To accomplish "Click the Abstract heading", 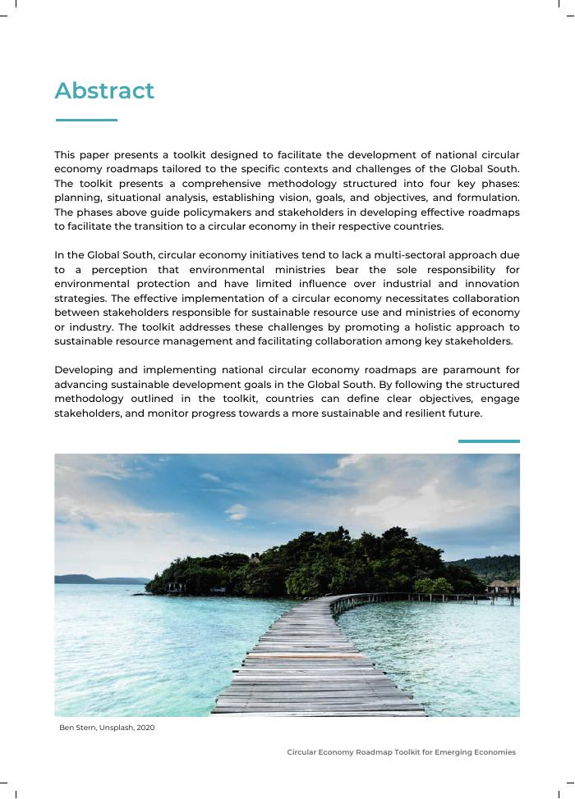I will point(104,90).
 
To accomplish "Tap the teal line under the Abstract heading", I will point(86,121).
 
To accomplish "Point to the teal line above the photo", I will point(489,441).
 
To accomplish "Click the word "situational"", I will point(136,198).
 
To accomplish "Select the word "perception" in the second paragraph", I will point(119,269).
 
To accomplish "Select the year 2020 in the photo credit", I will point(145,728).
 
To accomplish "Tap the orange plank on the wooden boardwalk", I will point(306,655).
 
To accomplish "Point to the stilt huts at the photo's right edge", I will point(502,587).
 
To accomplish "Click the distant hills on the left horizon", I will point(90,579).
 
